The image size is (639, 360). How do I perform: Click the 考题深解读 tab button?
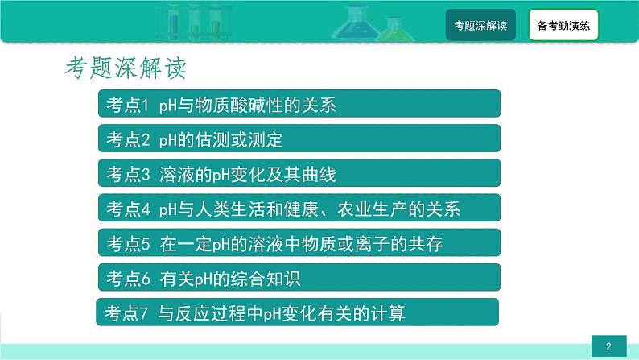[480, 25]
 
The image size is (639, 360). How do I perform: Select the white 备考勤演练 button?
[563, 25]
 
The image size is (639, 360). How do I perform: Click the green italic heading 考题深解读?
[126, 68]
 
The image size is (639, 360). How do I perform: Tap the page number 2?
[609, 346]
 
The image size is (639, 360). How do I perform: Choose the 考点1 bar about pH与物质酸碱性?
[299, 104]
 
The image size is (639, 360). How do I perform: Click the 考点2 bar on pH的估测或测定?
[299, 139]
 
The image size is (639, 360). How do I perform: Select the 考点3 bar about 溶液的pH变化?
[299, 173]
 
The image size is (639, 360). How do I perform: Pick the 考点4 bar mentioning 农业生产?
[299, 208]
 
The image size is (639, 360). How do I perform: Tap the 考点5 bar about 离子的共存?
[299, 243]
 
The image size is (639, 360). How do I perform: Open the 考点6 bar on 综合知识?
[299, 278]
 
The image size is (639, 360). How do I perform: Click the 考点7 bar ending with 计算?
[298, 312]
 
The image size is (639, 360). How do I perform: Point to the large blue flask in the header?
[355, 23]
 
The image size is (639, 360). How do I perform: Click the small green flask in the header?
[394, 29]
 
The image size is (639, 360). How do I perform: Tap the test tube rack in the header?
[195, 22]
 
